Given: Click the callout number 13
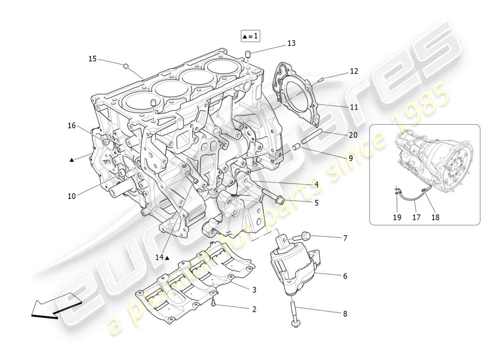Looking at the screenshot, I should click(292, 43).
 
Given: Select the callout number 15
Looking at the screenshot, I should click(92, 58).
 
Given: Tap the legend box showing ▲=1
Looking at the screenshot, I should click(250, 36).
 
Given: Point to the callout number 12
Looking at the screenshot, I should click(354, 71).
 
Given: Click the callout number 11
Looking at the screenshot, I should click(354, 107).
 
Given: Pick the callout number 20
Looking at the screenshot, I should click(353, 135).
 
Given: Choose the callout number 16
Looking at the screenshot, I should click(72, 126).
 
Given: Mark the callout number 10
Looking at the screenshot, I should click(72, 196).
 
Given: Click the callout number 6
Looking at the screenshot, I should click(345, 276).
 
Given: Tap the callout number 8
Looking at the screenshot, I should click(345, 314).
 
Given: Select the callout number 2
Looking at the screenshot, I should click(254, 309).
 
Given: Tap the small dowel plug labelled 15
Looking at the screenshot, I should click(126, 67).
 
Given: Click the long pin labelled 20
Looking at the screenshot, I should click(310, 136).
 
